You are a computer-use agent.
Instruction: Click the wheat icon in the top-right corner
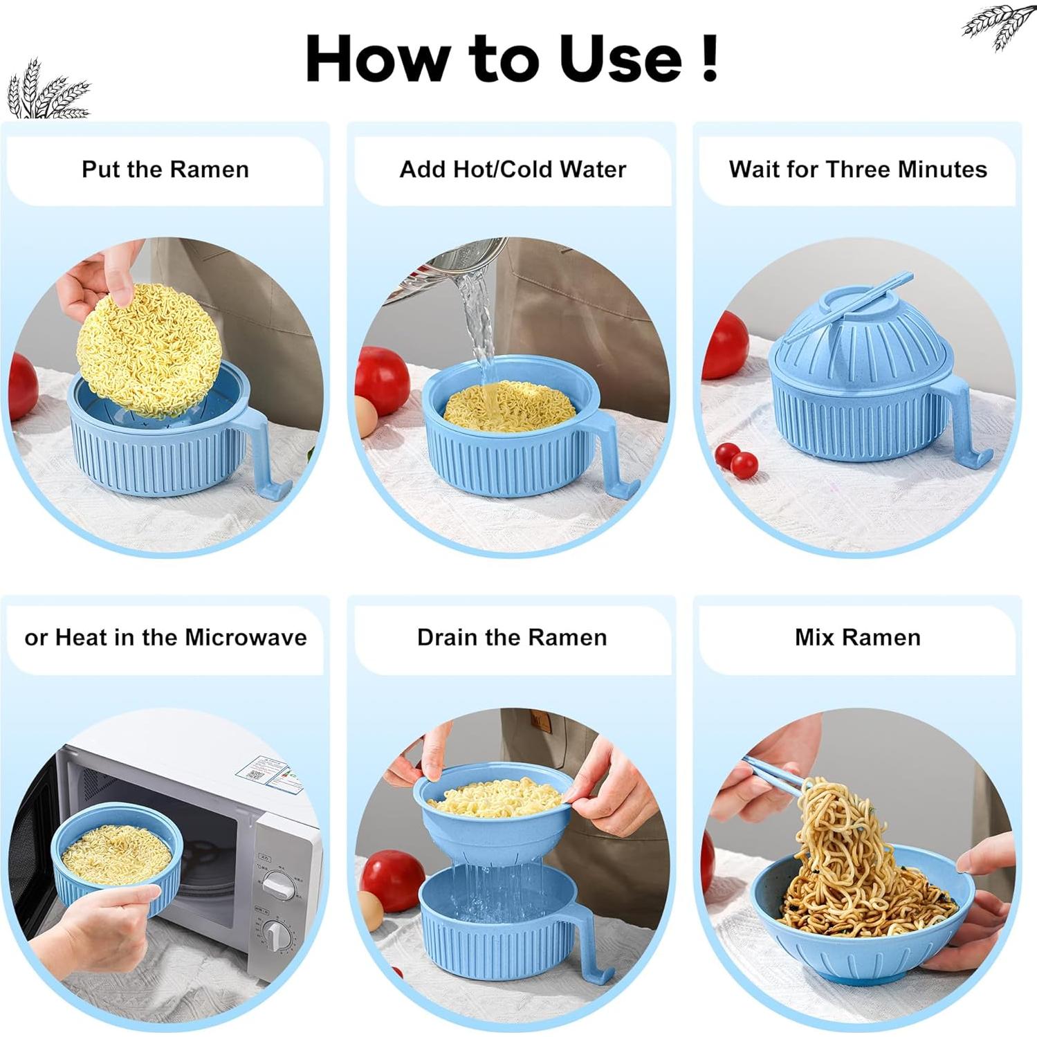click(x=998, y=26)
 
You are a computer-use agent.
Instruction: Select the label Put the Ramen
click(x=165, y=169)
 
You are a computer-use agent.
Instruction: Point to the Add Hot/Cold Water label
click(x=512, y=169)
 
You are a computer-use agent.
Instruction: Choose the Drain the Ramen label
click(x=511, y=637)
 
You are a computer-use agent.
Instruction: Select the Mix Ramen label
click(x=857, y=637)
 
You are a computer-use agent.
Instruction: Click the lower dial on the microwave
click(x=276, y=935)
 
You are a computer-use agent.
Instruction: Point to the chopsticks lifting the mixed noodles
click(x=775, y=774)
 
